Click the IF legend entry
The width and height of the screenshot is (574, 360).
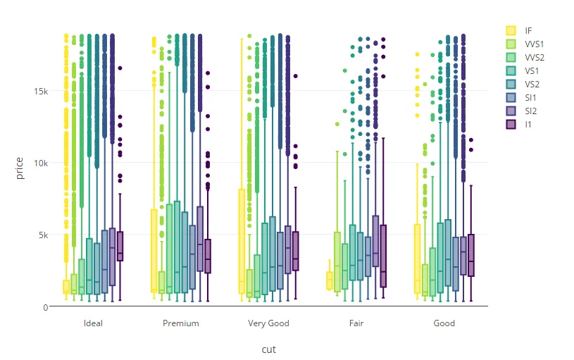528,30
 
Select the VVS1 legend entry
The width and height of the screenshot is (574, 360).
532,44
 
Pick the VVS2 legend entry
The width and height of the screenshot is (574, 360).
532,57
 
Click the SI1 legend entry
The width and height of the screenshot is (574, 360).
529,97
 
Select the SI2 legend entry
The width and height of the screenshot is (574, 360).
529,111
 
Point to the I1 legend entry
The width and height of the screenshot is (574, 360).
528,124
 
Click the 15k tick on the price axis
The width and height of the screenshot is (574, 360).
39,91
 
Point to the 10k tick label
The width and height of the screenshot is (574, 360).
39,163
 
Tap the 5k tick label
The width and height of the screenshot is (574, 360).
42,235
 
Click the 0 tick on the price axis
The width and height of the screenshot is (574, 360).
45,306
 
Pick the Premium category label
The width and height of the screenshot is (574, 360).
180,323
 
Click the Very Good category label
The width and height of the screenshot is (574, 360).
268,323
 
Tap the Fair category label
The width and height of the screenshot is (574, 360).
356,323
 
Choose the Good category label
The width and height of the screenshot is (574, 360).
444,323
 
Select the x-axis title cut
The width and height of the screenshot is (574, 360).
268,349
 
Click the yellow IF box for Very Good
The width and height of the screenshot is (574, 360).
242,240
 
